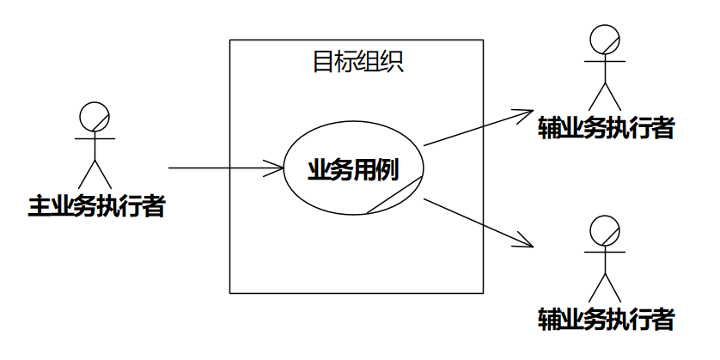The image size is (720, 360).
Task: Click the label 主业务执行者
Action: point(96,207)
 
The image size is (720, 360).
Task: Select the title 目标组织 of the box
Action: point(357,62)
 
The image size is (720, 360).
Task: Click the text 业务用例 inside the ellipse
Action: point(353,169)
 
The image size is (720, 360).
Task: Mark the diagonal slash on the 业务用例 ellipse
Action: point(396,193)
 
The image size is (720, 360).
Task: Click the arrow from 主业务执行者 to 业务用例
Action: point(223,168)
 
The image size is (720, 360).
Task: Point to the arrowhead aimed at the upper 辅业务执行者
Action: point(526,112)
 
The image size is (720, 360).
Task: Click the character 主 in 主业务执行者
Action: point(40,207)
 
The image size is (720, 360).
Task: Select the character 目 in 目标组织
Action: point(323,62)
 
